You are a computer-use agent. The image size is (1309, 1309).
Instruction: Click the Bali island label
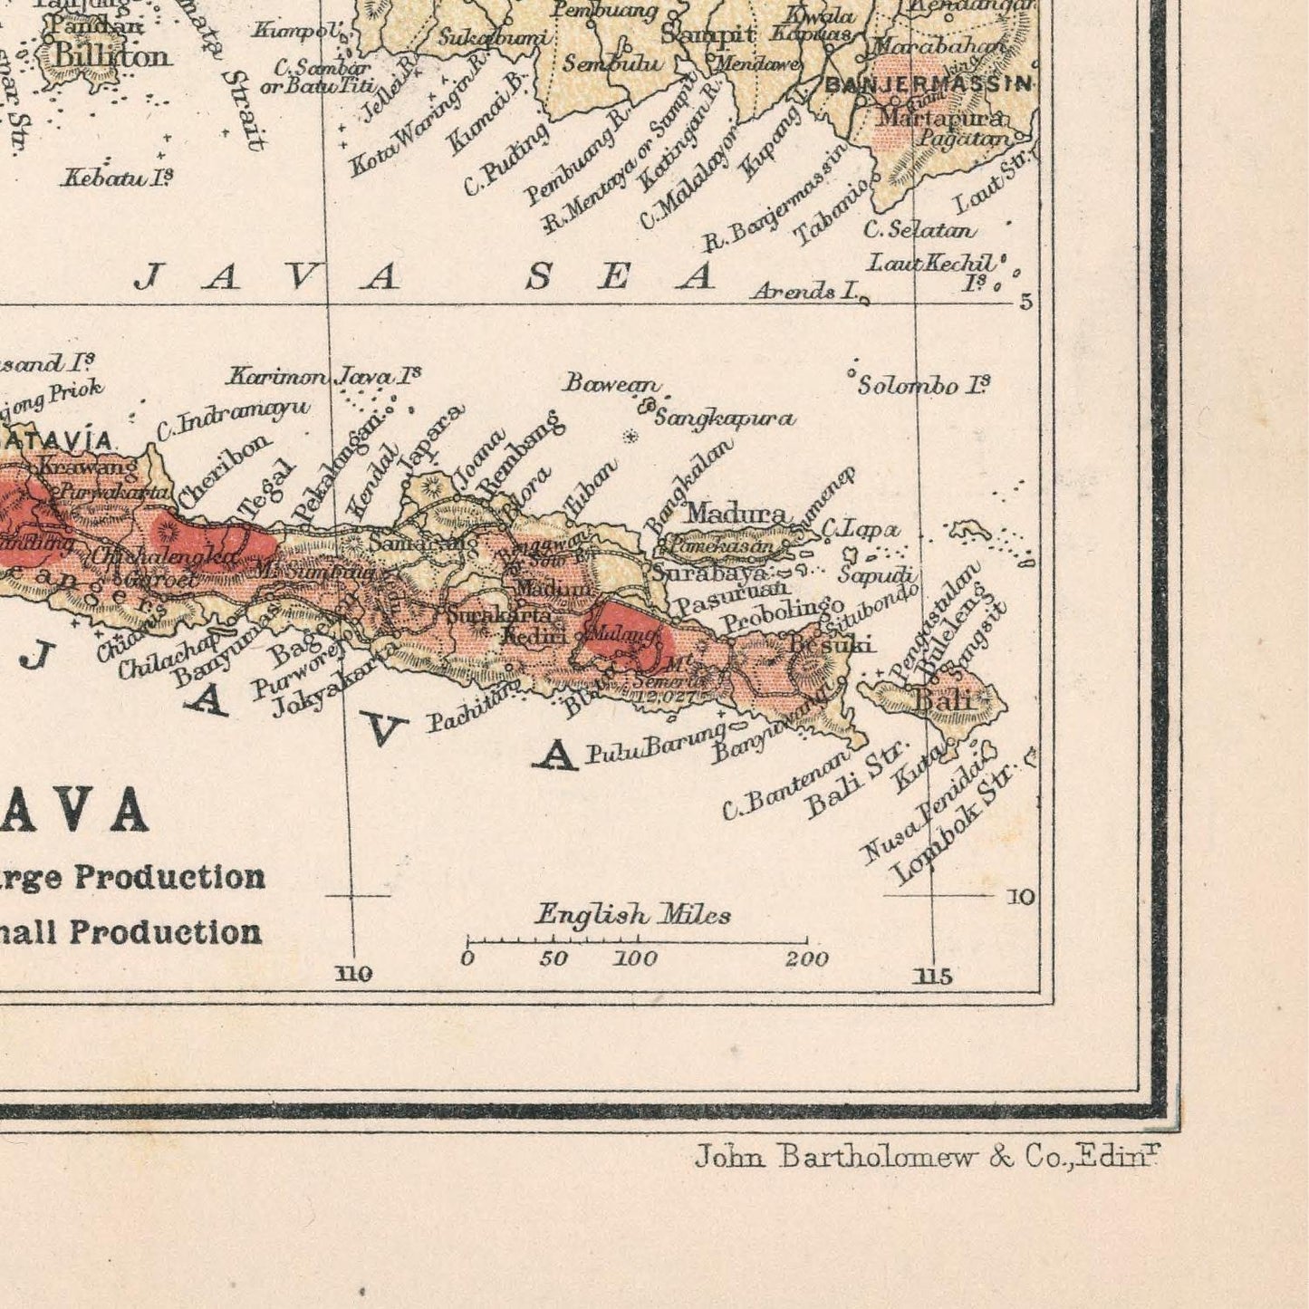(x=944, y=699)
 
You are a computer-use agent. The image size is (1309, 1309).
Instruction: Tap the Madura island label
(x=736, y=514)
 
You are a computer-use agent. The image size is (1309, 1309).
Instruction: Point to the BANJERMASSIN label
(x=928, y=84)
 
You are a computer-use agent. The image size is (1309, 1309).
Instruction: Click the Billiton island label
(x=111, y=56)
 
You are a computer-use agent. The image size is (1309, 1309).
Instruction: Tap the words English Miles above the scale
(x=632, y=914)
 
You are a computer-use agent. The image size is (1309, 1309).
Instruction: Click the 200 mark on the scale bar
(x=806, y=959)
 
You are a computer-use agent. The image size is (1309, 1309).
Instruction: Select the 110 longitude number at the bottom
(x=353, y=974)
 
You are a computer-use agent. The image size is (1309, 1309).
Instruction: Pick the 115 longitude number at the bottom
(x=933, y=976)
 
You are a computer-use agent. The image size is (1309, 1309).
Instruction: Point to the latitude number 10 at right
(x=1020, y=897)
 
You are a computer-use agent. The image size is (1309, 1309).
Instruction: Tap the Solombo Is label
(x=923, y=385)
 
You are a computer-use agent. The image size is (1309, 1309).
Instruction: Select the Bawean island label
(x=611, y=383)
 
